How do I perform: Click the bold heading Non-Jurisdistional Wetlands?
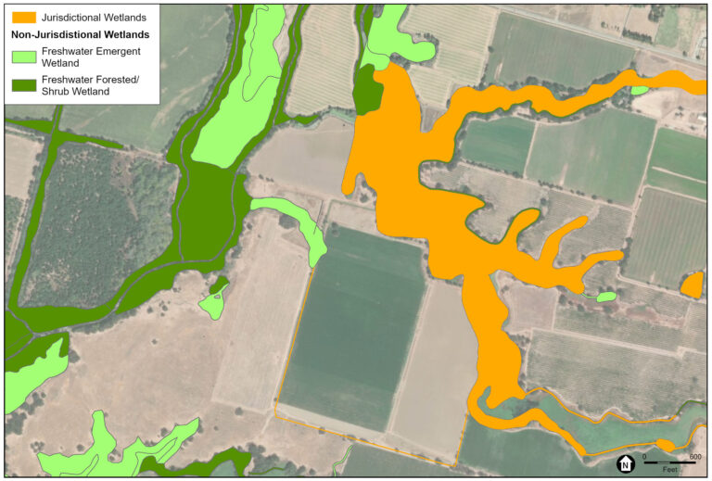click(81, 34)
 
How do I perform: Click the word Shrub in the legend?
click(57, 92)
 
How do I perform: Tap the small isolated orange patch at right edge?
click(692, 285)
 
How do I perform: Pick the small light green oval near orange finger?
click(605, 297)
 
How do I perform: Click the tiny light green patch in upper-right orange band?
click(638, 90)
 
